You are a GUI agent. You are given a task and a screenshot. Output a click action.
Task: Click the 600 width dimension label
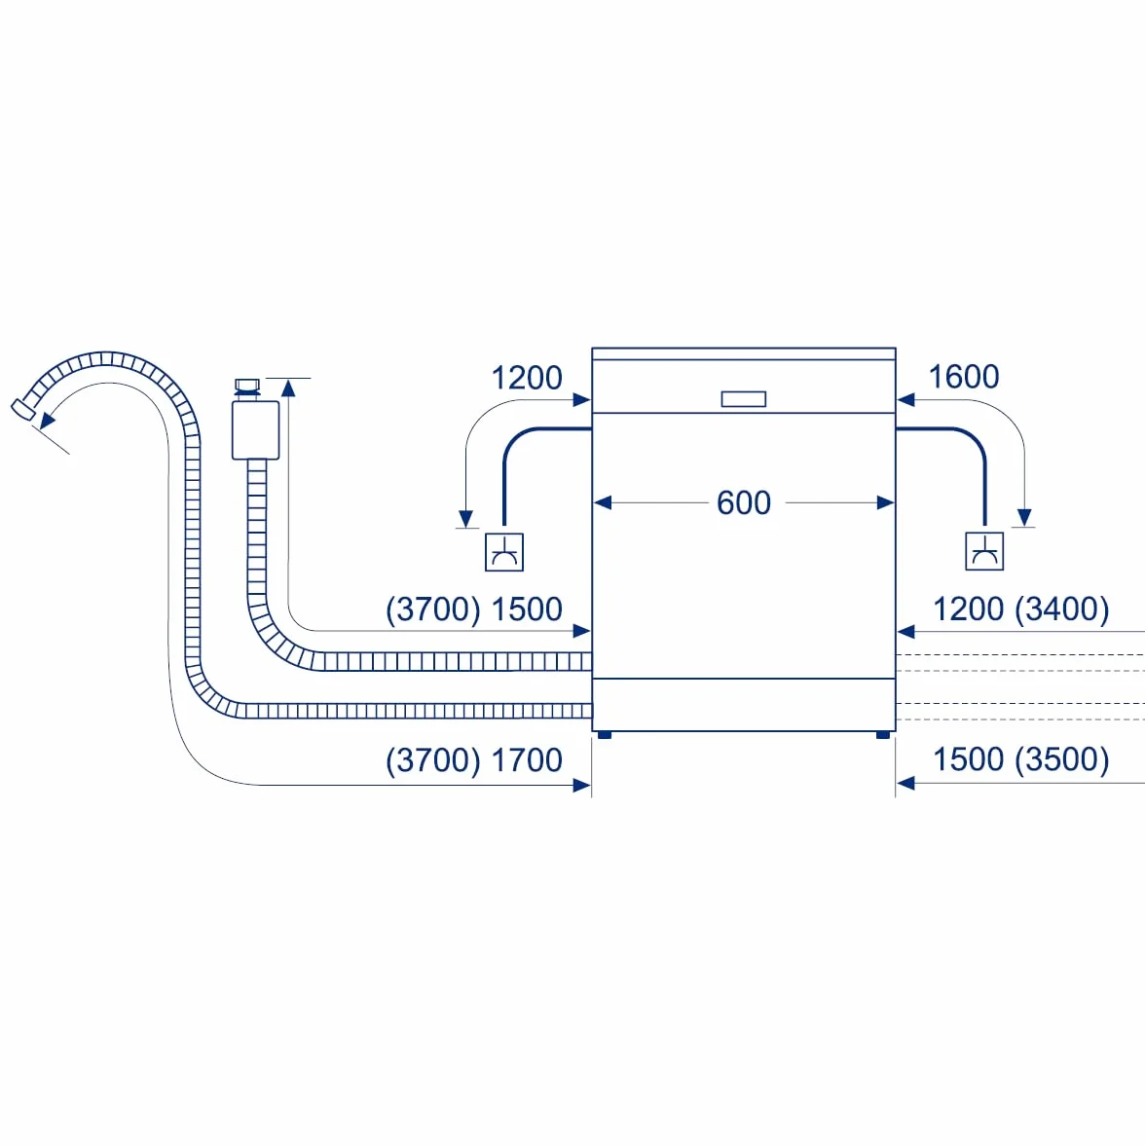tap(744, 502)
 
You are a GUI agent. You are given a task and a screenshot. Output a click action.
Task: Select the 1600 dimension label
tap(963, 377)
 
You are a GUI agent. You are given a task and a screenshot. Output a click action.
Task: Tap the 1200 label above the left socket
tap(527, 378)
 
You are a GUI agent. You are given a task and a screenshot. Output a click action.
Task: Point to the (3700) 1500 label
tap(474, 609)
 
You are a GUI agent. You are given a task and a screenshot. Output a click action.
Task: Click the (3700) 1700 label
tap(474, 761)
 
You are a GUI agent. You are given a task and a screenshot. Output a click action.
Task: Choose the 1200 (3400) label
tap(1020, 609)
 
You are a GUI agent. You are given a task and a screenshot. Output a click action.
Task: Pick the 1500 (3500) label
tap(1020, 759)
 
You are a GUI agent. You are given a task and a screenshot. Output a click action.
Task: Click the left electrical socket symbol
tap(504, 552)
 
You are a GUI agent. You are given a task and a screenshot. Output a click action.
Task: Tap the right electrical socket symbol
tap(984, 551)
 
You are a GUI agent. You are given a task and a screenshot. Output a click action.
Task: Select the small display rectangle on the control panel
tap(744, 399)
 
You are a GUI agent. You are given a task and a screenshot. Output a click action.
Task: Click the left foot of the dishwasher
tap(605, 734)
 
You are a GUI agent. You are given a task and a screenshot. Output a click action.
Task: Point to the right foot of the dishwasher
tap(883, 734)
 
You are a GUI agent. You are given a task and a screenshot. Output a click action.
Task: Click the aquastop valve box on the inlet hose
tap(255, 430)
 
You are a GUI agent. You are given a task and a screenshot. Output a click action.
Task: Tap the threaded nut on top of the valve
tap(247, 386)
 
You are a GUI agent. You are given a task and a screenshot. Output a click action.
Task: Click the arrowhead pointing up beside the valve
tap(288, 388)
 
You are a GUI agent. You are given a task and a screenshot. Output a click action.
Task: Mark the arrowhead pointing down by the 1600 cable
tap(1024, 517)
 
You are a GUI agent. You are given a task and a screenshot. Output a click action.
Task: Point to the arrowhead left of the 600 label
tap(603, 502)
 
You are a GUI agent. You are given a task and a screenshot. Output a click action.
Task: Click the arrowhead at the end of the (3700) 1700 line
tap(582, 785)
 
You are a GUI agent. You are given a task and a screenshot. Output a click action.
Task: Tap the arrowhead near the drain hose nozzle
tap(48, 419)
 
